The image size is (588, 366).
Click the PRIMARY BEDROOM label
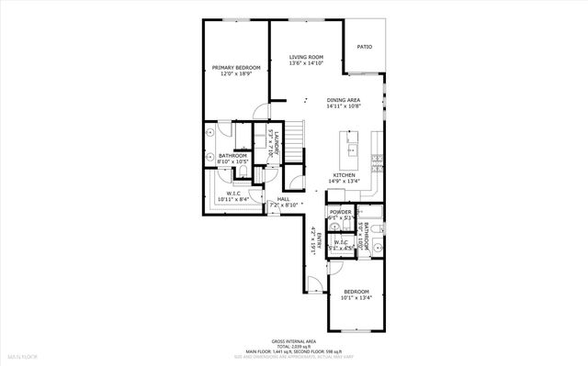pos(236,67)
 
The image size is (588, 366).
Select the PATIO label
pos(365,46)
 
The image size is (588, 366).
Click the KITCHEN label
pos(345,174)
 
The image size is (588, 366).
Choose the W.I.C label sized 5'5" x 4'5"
pos(344,242)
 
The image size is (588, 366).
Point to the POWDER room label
pos(340,212)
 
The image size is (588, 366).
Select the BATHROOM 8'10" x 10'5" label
pos(232,156)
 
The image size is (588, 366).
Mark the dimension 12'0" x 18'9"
pos(236,73)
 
